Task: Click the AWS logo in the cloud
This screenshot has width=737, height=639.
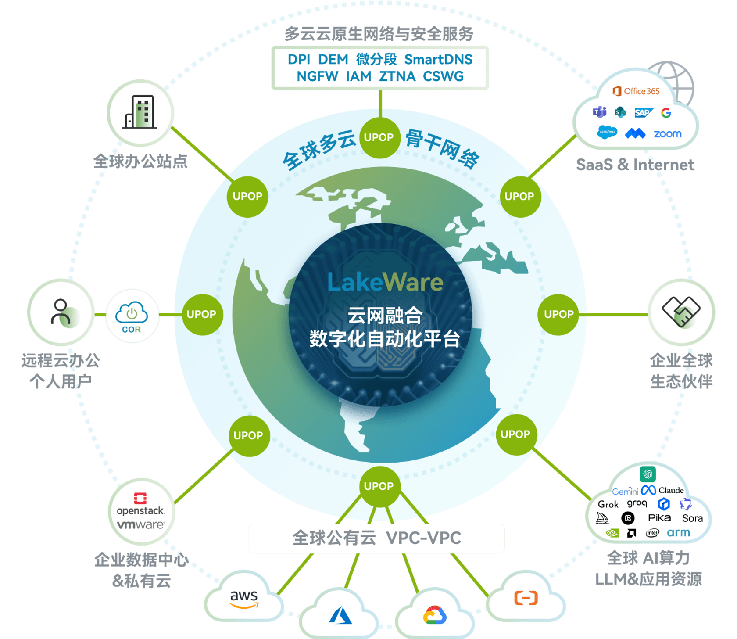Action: tap(244, 599)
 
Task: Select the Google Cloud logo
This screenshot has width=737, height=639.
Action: tap(435, 615)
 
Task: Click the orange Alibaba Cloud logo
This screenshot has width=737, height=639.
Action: tap(526, 598)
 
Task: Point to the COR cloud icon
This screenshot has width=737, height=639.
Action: tap(132, 316)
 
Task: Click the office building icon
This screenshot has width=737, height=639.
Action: tap(140, 112)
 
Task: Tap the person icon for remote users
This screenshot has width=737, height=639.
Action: tap(61, 312)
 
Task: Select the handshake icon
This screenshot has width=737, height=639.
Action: tap(681, 312)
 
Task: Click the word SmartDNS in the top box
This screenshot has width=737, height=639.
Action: tap(438, 59)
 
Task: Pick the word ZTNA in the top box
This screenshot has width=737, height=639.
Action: tap(397, 76)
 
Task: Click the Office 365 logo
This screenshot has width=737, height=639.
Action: tap(636, 91)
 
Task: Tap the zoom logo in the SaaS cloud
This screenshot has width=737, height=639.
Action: tap(667, 134)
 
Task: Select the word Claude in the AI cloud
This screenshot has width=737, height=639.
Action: tap(671, 490)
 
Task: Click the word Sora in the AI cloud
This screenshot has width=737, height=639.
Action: tap(692, 518)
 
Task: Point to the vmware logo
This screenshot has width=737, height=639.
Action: tap(141, 525)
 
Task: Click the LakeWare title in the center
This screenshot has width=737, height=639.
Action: tap(385, 282)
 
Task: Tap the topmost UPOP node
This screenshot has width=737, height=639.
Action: tap(379, 137)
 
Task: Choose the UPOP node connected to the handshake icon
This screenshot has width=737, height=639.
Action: tap(558, 314)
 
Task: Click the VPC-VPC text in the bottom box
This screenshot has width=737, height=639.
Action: tap(423, 538)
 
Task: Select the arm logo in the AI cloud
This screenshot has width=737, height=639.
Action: tap(678, 533)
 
